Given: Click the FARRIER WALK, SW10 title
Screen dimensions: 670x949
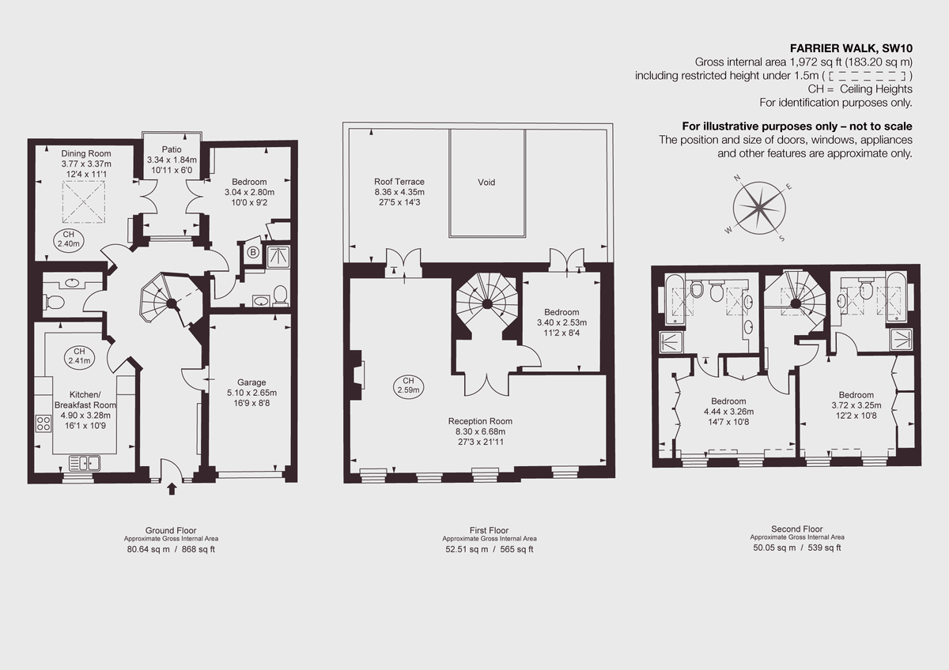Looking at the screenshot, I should point(851,47).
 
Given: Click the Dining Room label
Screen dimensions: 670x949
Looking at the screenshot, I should point(86,153).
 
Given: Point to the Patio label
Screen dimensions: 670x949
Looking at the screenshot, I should point(172,149).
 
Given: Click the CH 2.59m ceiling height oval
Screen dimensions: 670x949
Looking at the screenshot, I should point(408,386).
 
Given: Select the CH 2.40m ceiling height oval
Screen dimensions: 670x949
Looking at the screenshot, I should point(67,240).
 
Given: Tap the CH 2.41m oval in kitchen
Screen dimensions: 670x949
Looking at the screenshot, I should point(79,356).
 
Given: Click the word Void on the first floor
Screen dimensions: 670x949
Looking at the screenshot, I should point(486,183).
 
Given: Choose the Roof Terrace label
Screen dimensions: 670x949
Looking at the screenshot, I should point(399,182).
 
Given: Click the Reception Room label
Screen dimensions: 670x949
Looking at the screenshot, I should point(480,421).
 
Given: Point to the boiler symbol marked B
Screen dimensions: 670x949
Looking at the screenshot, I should point(253,253).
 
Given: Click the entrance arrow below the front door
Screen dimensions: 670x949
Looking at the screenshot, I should point(172,489).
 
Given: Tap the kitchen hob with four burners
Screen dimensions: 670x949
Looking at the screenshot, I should point(43,423).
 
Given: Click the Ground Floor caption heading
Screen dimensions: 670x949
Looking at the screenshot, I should point(171,530).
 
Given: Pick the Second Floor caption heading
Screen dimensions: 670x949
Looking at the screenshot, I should point(796,529).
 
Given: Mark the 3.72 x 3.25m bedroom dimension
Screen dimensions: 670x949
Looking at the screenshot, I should point(856,405).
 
